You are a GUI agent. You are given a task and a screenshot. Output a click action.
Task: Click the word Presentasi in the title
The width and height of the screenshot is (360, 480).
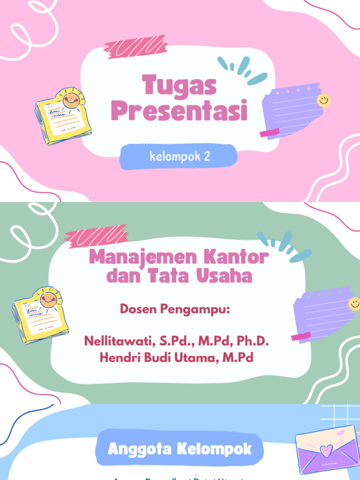180,112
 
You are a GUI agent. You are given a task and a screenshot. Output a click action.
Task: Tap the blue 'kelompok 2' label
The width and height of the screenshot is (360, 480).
179,157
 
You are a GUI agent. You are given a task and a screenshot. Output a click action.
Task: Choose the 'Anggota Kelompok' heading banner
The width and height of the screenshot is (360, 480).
180,449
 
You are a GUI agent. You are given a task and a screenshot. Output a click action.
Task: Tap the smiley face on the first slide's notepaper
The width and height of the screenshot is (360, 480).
323,100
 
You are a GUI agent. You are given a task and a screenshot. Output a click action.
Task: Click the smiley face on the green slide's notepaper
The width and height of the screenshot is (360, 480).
354,304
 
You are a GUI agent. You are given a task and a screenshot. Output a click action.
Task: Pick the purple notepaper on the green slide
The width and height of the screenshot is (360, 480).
323,314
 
